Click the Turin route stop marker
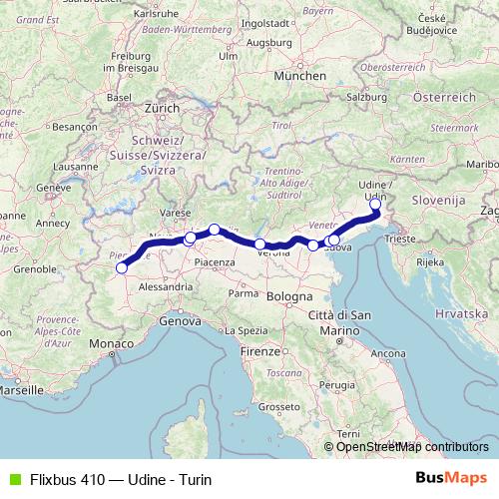click(x=122, y=267)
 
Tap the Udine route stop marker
click(x=375, y=205)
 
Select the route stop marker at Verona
click(x=260, y=245)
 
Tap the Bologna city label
click(x=288, y=297)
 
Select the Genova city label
click(x=180, y=321)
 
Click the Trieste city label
click(x=402, y=241)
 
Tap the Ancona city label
click(x=387, y=353)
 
